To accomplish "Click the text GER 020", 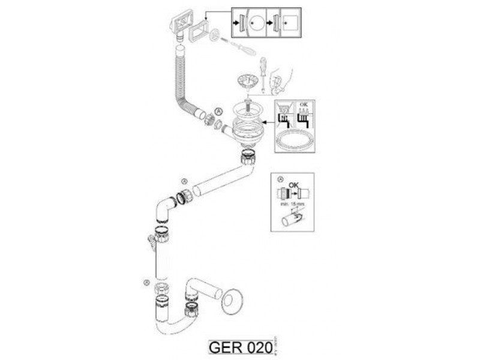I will click(238, 347).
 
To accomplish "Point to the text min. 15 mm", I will click(292, 205).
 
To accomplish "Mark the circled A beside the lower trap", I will click(146, 281).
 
